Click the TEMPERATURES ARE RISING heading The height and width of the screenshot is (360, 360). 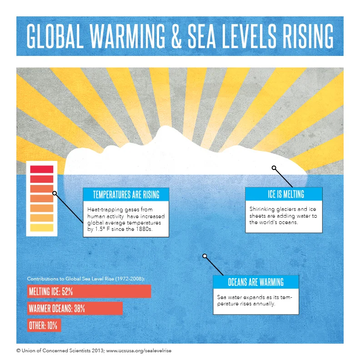click(126, 195)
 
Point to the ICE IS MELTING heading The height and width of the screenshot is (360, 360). click(284, 195)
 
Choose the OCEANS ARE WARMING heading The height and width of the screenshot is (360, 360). click(256, 282)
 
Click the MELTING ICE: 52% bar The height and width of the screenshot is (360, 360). click(89, 291)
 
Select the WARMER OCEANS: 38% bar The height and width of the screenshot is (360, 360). click(75, 309)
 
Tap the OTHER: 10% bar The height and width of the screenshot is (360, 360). click(44, 326)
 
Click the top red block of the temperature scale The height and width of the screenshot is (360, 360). click(41, 169)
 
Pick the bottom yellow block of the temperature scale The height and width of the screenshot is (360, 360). click(41, 228)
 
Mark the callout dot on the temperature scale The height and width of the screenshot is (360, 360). click(55, 193)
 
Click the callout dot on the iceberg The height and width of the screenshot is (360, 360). click(274, 168)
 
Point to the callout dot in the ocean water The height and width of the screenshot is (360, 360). click(205, 256)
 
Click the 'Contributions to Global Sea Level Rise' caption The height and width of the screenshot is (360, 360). click(89, 278)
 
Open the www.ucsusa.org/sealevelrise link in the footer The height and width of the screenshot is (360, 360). click(139, 351)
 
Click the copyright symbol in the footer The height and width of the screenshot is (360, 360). click(19, 351)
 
